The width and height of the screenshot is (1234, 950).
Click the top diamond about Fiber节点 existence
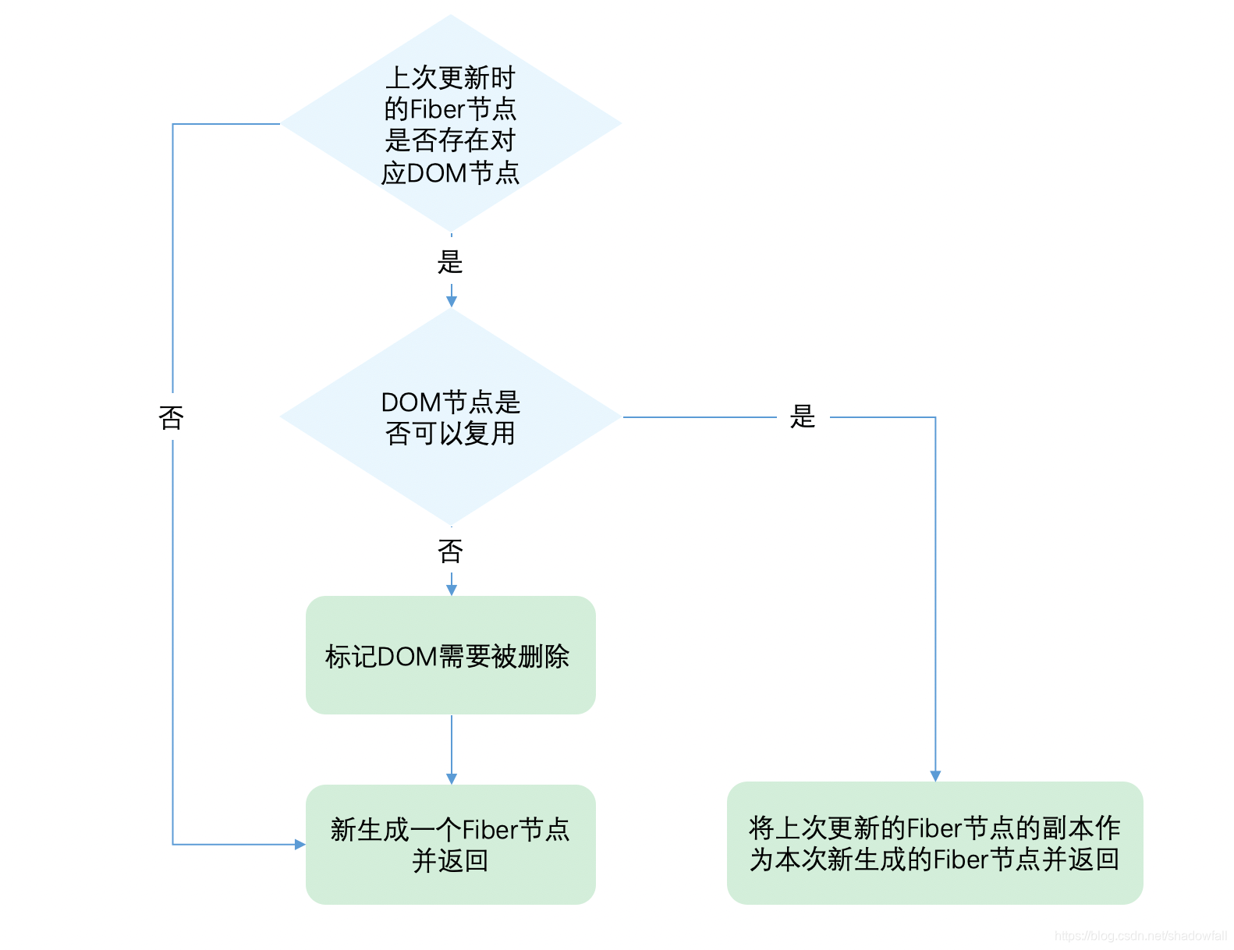pyautogui.click(x=450, y=123)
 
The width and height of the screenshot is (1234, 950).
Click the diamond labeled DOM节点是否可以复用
pyautogui.click(x=450, y=417)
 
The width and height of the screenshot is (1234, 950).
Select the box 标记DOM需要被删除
pyautogui.click(x=450, y=655)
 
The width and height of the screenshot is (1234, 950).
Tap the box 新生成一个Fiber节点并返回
pyautogui.click(x=450, y=844)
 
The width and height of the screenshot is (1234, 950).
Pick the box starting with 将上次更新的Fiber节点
pyautogui.click(x=934, y=843)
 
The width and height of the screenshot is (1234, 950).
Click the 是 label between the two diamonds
pyautogui.click(x=450, y=262)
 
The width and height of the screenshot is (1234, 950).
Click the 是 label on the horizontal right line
pyautogui.click(x=803, y=417)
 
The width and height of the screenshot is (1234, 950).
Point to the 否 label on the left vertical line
pyautogui.click(x=172, y=418)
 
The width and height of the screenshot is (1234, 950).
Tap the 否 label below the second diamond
pyautogui.click(x=450, y=551)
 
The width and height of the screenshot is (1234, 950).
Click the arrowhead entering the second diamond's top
pyautogui.click(x=451, y=301)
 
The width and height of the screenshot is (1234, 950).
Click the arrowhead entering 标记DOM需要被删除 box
pyautogui.click(x=451, y=590)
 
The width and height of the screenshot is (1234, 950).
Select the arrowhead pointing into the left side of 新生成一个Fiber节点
pyautogui.click(x=300, y=844)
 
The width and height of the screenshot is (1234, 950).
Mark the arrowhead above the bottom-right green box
pyautogui.click(x=935, y=775)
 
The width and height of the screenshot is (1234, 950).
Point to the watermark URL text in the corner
pyautogui.click(x=1140, y=935)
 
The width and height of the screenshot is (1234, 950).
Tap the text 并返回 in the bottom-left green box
pyautogui.click(x=450, y=860)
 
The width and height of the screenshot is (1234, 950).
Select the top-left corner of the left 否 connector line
pyautogui.click(x=172, y=124)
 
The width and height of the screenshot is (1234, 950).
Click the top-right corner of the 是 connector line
pyautogui.click(x=935, y=417)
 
